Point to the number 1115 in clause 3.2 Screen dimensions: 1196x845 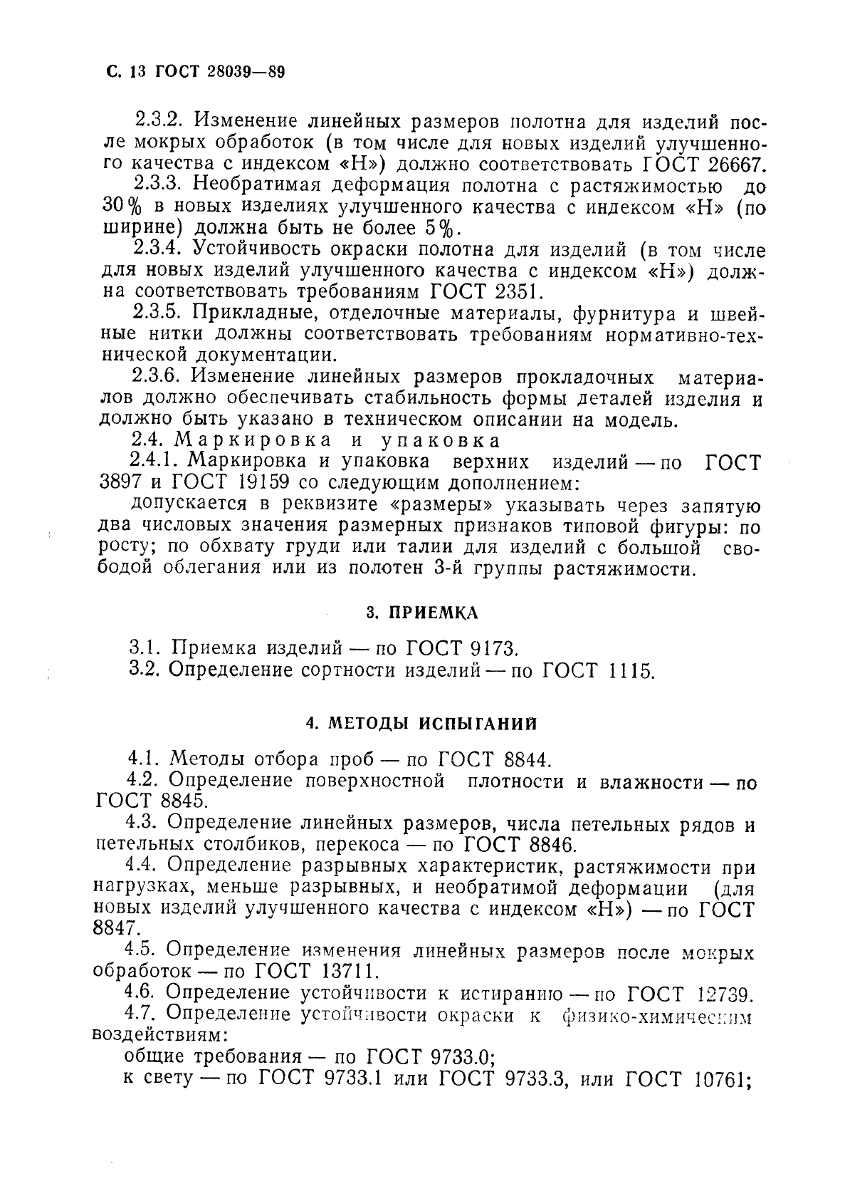631,671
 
